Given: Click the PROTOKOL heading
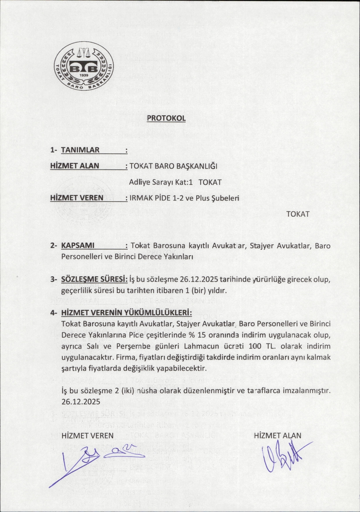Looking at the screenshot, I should coord(166,118).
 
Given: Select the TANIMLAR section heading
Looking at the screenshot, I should coord(80,150).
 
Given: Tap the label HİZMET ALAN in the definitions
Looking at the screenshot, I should coord(75,166).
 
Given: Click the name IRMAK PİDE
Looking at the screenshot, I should coord(150,198).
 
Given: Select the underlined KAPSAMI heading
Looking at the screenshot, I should coord(78,245).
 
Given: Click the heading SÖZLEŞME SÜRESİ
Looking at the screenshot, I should coord(94,280).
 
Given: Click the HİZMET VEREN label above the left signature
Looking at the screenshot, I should coord(87,436).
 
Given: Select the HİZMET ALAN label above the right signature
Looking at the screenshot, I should coord(277,436).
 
